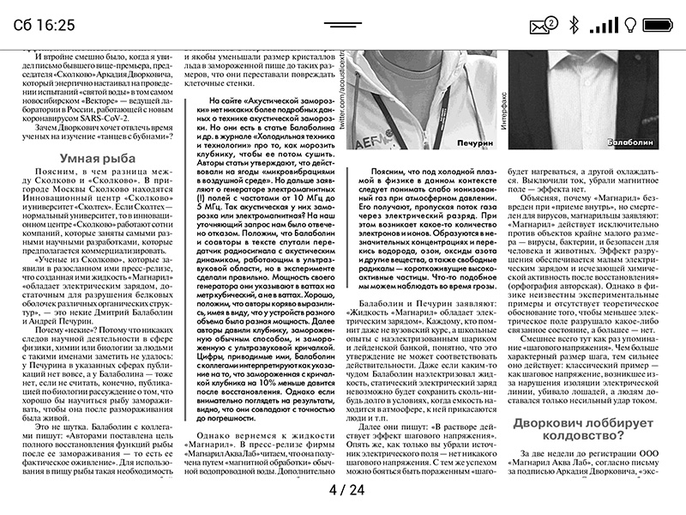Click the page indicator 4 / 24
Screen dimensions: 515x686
(346, 490)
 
